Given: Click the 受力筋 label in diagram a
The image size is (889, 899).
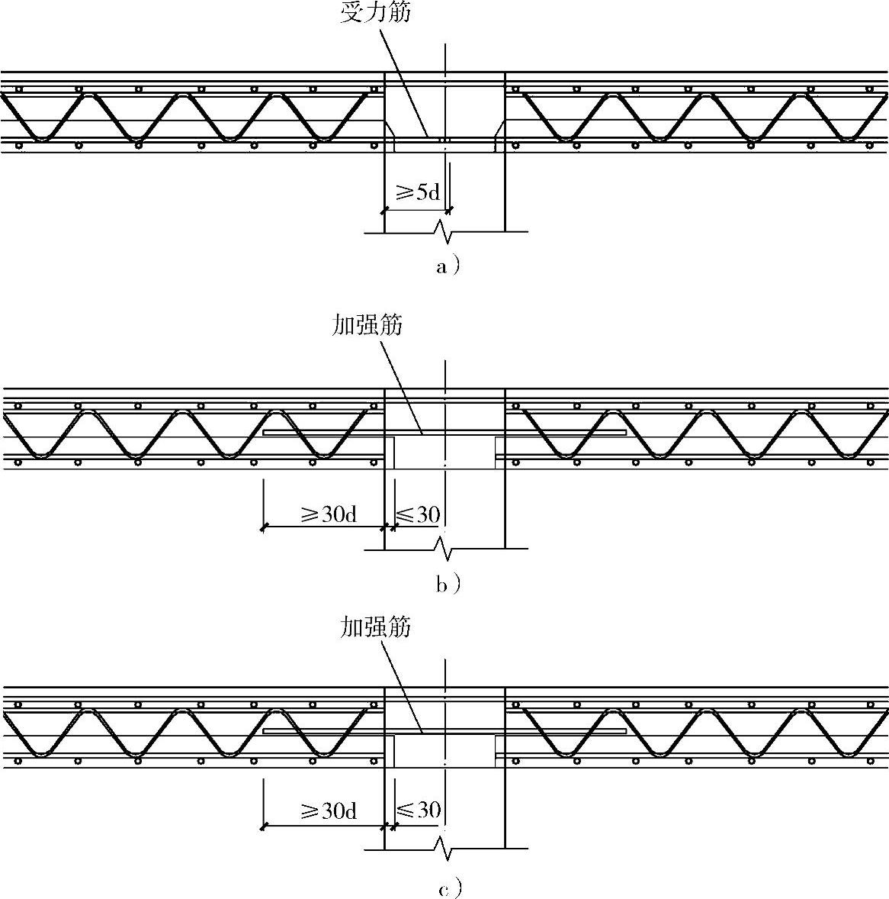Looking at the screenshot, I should [x=375, y=13].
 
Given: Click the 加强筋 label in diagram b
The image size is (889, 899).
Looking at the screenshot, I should [x=367, y=325].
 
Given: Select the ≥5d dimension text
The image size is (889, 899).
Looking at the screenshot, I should [x=416, y=192].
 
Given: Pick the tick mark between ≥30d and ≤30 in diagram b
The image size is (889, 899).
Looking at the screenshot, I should [x=384, y=527].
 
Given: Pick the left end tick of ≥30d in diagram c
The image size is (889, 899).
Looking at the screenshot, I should [x=263, y=826].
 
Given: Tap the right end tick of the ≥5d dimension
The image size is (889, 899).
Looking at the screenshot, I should [x=449, y=209].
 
